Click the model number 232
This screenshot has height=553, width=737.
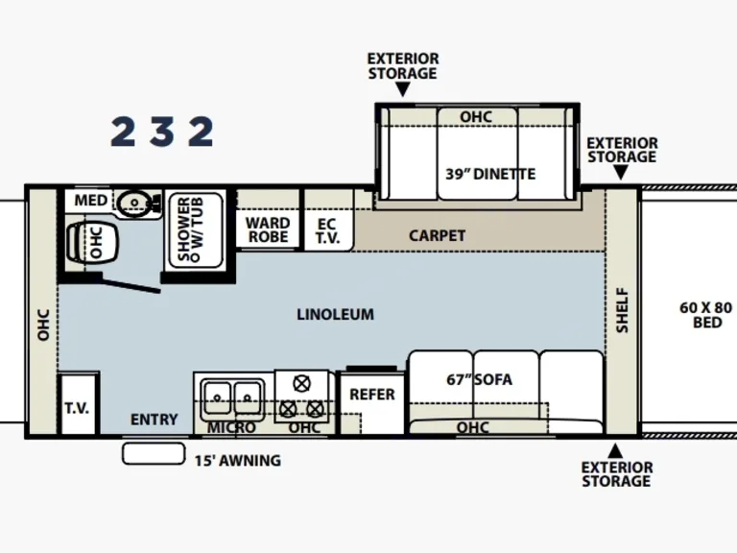click(161, 132)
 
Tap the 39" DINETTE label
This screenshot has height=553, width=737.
click(489, 174)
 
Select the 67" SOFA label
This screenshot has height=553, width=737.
click(479, 379)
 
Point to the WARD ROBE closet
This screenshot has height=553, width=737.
click(267, 230)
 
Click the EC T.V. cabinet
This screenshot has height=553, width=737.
click(326, 230)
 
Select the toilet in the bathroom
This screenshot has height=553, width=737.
click(92, 243)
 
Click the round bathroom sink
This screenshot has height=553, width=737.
click(137, 203)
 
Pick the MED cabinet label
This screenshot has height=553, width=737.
click(90, 201)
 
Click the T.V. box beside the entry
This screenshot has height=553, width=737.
click(77, 407)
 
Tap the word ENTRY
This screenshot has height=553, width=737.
click(154, 420)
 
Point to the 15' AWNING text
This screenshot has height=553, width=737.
click(238, 461)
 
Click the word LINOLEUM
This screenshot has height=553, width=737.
click(335, 314)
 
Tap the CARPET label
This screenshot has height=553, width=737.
click(437, 235)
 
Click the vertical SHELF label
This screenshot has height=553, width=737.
click(622, 310)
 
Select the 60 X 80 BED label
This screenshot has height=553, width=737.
click(705, 315)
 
